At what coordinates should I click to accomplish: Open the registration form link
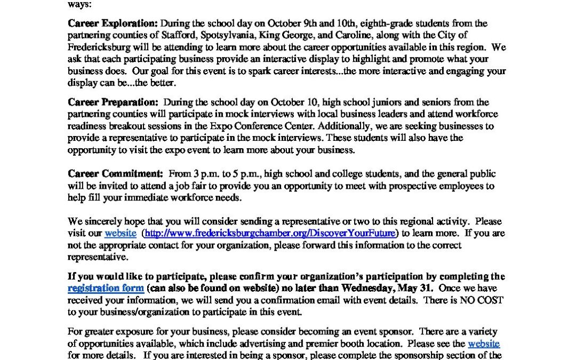point(106,288)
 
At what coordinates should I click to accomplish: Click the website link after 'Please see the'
point(484,344)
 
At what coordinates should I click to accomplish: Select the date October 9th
point(300,23)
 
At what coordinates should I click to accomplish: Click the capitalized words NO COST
point(484,300)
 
